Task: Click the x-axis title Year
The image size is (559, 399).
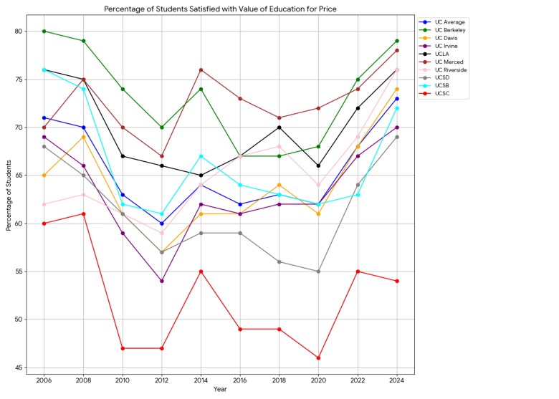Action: point(220,390)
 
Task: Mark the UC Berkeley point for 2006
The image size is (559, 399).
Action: point(44,32)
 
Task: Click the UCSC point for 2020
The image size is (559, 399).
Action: point(318,358)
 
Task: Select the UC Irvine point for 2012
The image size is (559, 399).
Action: point(162,281)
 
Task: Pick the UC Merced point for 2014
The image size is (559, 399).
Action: point(201,69)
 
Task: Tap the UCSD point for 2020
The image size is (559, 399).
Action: point(318,271)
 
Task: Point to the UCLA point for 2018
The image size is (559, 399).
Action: point(279,128)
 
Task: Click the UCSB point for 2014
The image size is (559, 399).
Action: point(201,156)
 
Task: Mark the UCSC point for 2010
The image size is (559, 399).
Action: point(123,348)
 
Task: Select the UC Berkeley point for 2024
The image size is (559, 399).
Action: point(396,41)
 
